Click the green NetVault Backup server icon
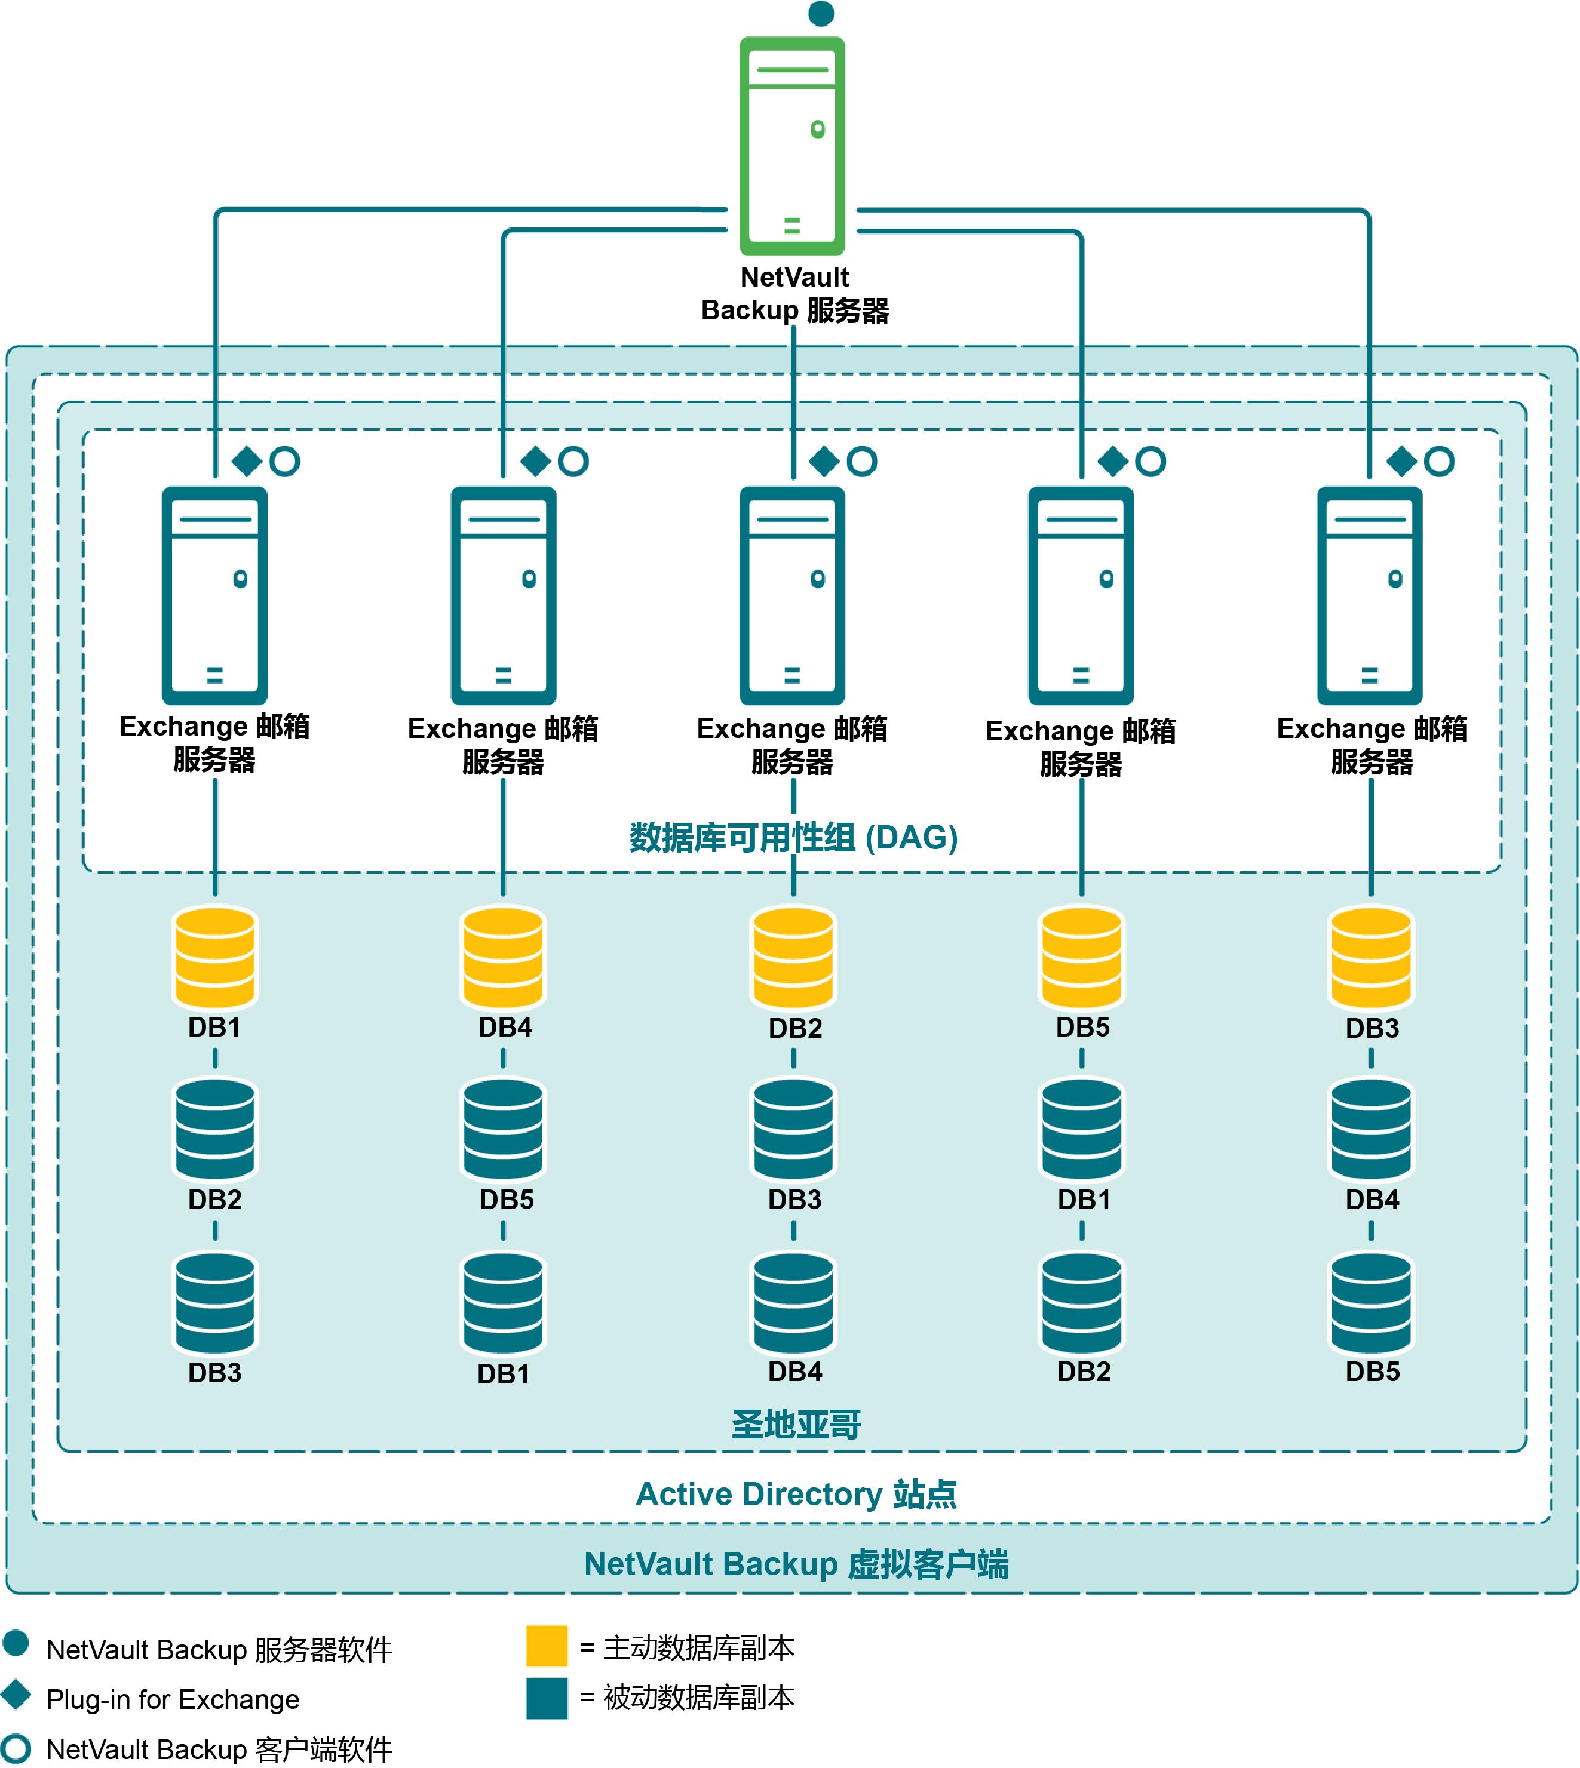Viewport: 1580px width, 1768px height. click(x=791, y=146)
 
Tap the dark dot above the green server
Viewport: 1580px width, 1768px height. click(x=820, y=13)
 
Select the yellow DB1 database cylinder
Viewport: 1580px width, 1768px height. click(x=215, y=957)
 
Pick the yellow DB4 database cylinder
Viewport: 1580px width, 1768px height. click(x=504, y=957)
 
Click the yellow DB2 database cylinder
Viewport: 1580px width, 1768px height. click(x=793, y=957)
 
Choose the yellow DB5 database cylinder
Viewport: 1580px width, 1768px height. click(x=1082, y=957)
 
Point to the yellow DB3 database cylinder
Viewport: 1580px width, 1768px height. click(x=1372, y=957)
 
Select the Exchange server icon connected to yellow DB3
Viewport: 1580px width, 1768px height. click(x=1370, y=595)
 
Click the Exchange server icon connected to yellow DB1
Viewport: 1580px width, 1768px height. click(x=215, y=595)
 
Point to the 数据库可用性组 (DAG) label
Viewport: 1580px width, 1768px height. click(x=793, y=838)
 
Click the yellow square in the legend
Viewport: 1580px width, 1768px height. click(x=547, y=1646)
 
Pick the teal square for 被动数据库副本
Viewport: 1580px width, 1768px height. click(x=547, y=1699)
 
